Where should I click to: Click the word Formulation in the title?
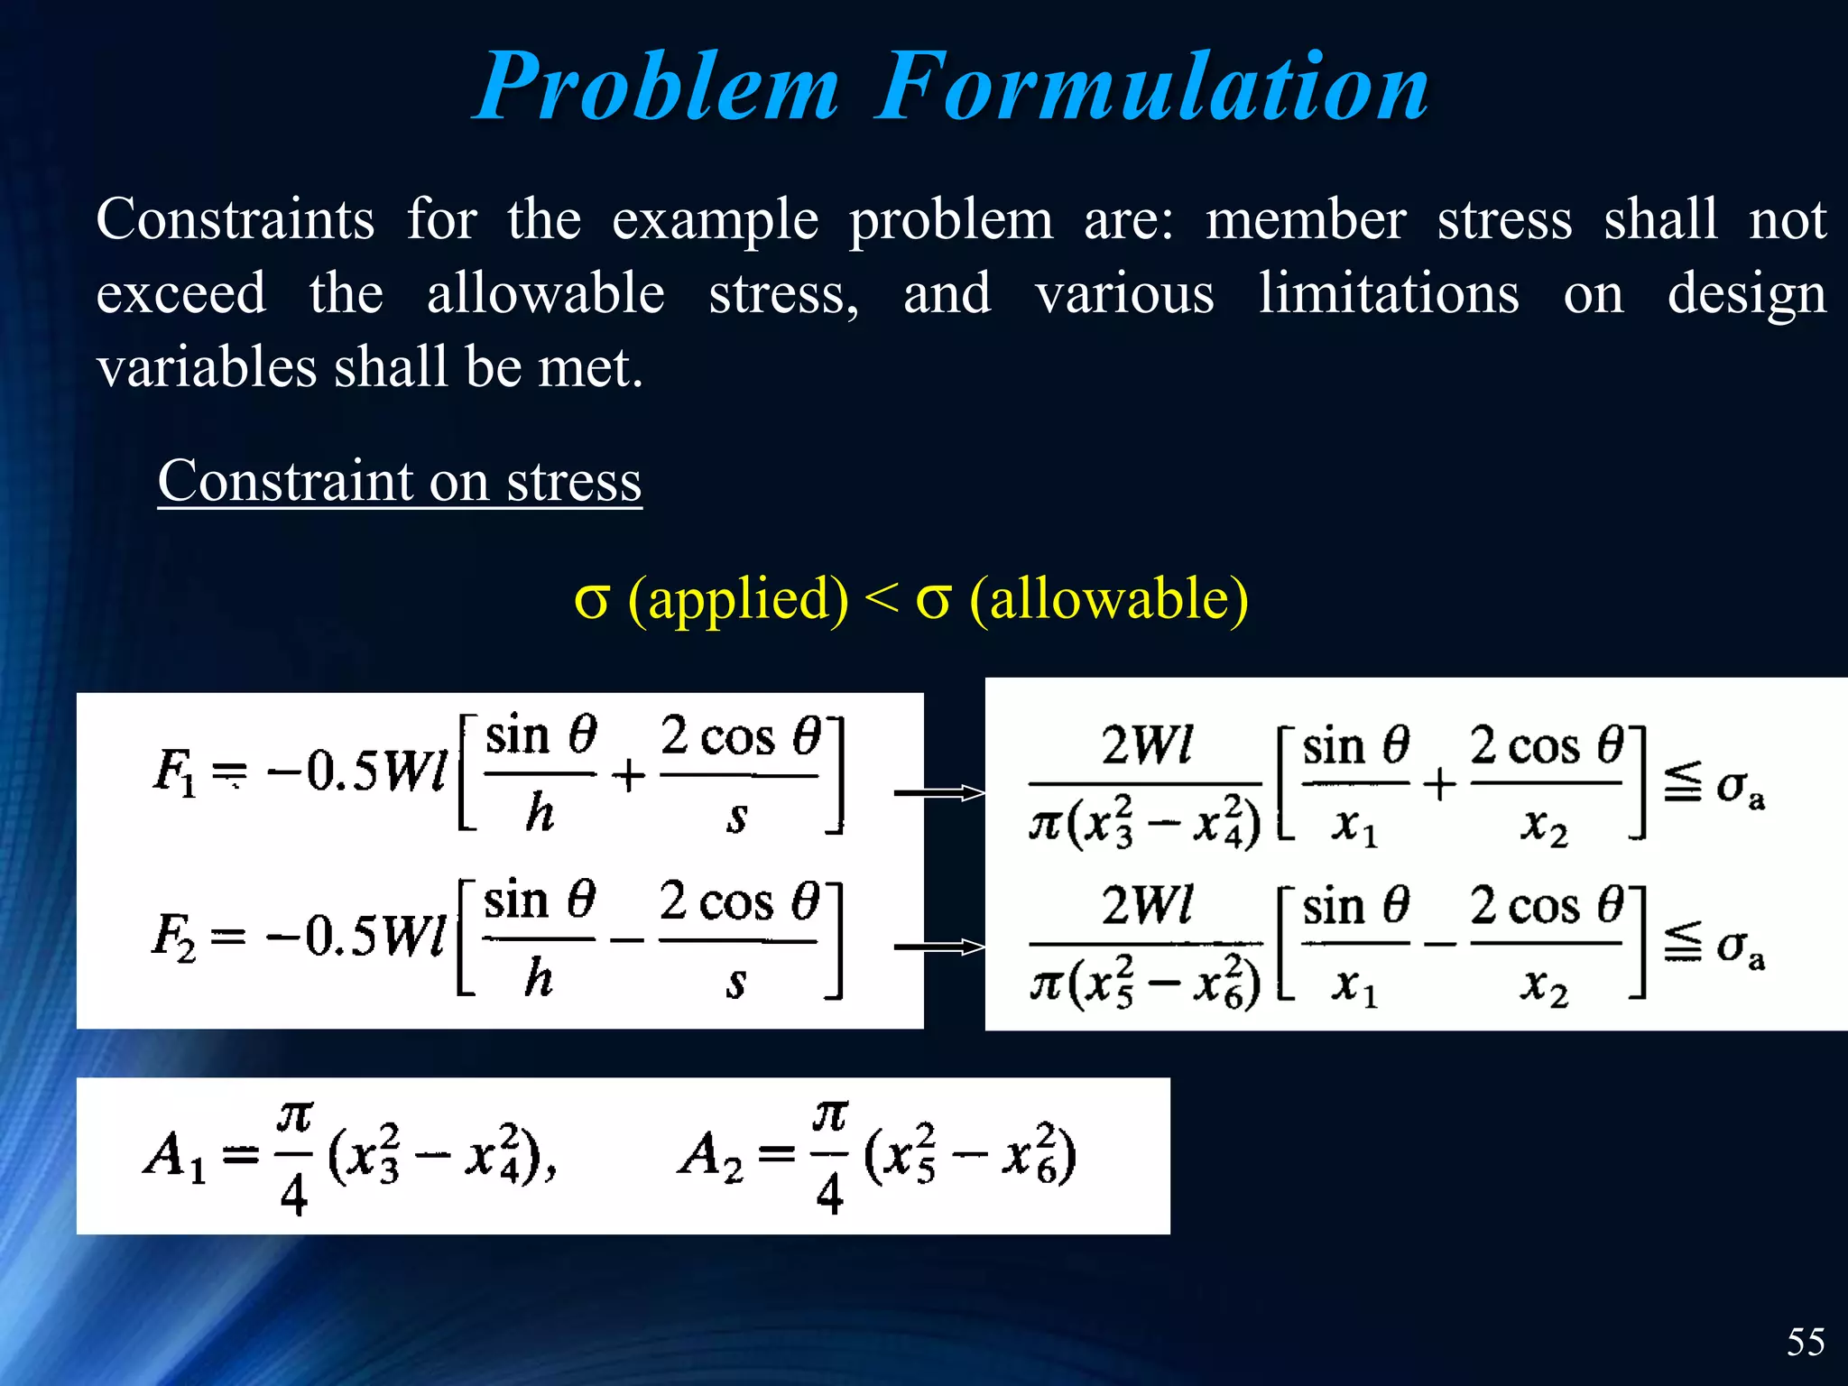pos(1152,88)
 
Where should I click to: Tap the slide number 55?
pos(1806,1342)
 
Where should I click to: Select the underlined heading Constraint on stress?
pos(400,481)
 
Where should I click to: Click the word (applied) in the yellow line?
pos(738,599)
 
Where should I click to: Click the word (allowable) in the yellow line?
pos(1109,599)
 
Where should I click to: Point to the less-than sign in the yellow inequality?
pos(882,599)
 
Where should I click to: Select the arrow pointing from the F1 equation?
pos(939,793)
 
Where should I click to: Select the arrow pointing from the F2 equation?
pos(939,947)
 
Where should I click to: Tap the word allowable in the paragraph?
pos(546,294)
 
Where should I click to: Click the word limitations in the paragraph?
pos(1389,294)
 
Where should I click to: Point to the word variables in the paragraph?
pos(207,368)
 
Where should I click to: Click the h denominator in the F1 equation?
pos(540,813)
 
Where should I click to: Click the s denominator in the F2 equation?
pos(736,982)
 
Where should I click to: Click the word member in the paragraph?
pos(1306,220)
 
